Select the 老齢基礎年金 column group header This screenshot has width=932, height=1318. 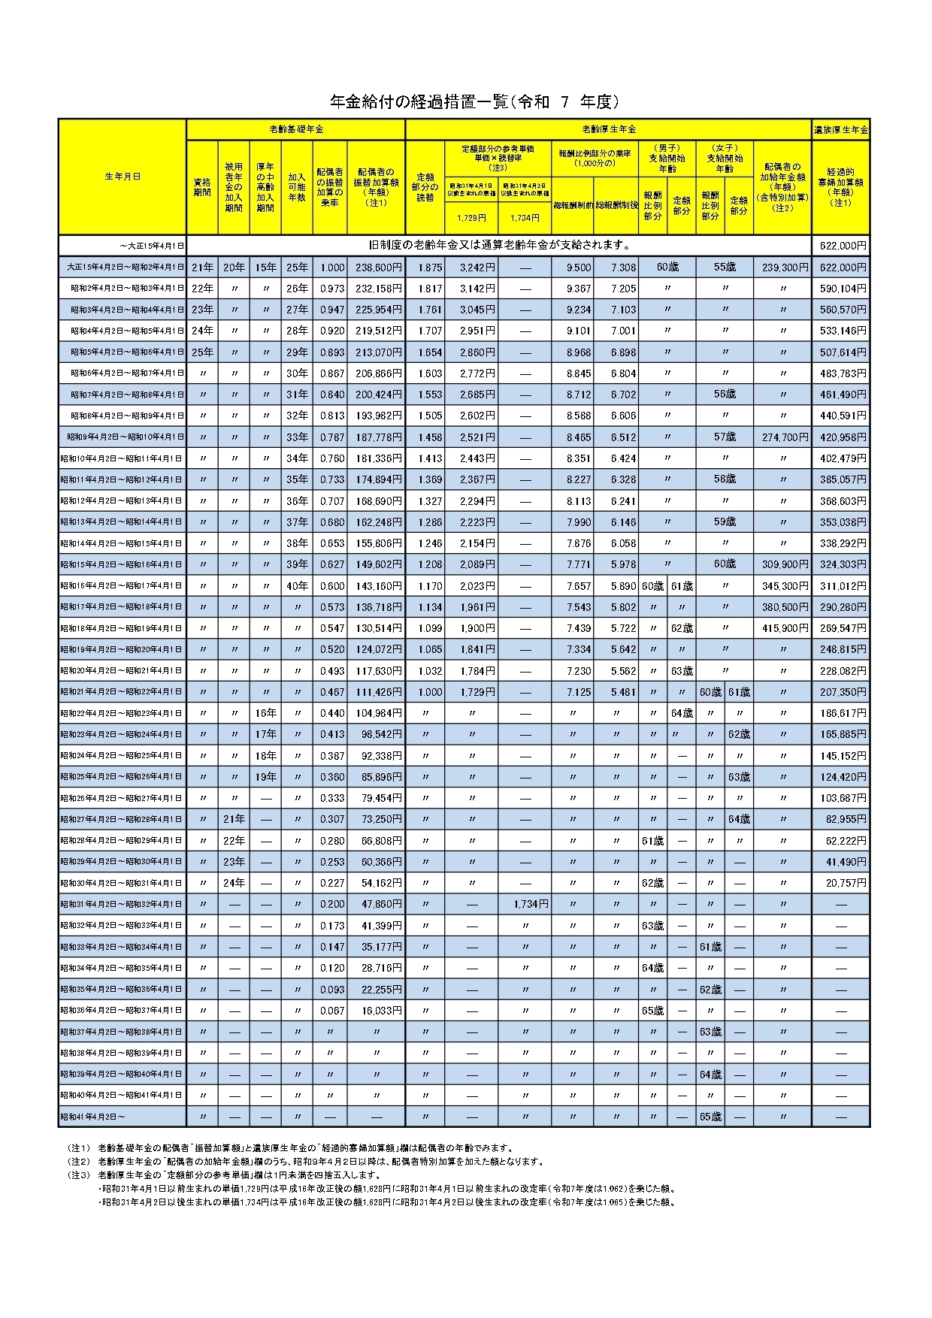pyautogui.click(x=295, y=129)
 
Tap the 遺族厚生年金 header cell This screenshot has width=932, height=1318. pyautogui.click(x=840, y=130)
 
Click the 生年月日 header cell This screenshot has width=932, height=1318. pyautogui.click(x=123, y=177)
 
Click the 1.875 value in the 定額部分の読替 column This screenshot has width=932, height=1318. pyautogui.click(x=424, y=268)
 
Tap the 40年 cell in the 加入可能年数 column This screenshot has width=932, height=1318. pyautogui.click(x=296, y=585)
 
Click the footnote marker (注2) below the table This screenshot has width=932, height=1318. pyautogui.click(x=78, y=1161)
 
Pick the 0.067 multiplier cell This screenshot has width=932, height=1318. pyautogui.click(x=331, y=1011)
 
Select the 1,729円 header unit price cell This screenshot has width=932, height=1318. pyautogui.click(x=471, y=217)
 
